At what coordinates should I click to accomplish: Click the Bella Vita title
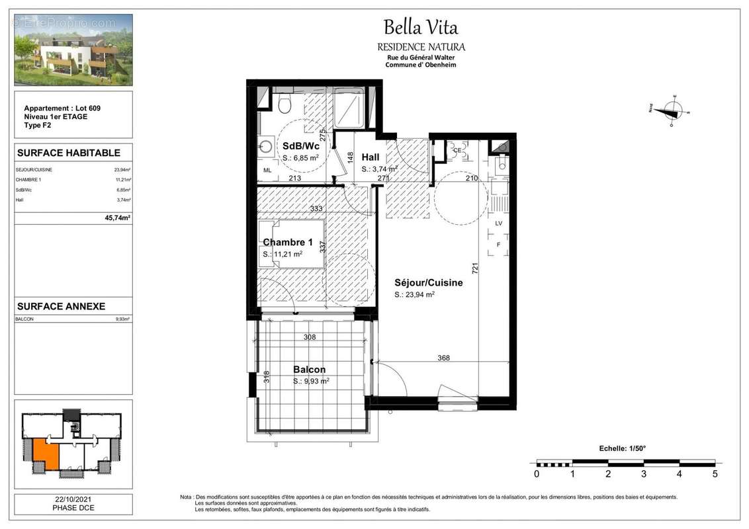tap(421, 28)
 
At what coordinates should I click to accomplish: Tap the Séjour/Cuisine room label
tap(428, 282)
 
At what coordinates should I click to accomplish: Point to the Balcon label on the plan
tap(309, 370)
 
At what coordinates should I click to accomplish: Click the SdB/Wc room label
tap(297, 146)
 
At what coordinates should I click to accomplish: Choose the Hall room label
tap(371, 157)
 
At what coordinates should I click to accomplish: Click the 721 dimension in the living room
tap(474, 268)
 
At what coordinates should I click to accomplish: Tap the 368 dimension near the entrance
tap(443, 358)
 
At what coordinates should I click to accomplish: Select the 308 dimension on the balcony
tap(309, 337)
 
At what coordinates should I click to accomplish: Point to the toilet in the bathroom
tap(285, 103)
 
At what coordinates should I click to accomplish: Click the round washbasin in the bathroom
tap(266, 147)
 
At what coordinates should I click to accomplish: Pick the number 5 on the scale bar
tap(714, 473)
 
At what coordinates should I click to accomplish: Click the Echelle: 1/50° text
tap(621, 448)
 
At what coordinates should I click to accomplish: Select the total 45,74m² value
tap(118, 217)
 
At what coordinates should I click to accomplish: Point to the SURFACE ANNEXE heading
tap(61, 307)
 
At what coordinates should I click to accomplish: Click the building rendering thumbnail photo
tap(73, 50)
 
